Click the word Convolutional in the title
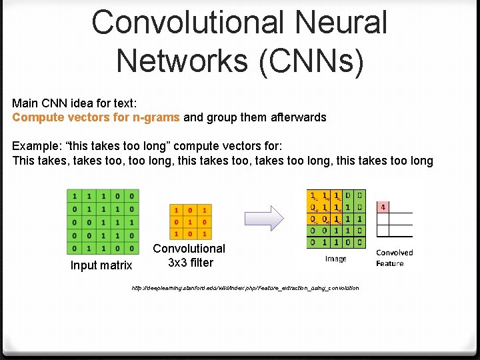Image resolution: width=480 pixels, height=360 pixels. coord(182,21)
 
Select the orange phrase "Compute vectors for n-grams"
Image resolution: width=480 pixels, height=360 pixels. coord(96,117)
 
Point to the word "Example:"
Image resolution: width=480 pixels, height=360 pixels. coord(36,146)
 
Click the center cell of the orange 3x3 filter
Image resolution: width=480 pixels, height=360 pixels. coord(190,221)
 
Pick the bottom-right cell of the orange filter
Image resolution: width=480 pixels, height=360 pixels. coord(204,234)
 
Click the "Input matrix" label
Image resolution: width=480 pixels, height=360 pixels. coord(101,266)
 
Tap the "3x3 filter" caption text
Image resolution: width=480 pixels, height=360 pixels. coord(191,263)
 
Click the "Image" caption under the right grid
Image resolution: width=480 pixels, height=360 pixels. coord(335,259)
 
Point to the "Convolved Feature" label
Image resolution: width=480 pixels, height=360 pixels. coord(394,258)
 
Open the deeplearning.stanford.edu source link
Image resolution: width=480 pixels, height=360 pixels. coord(245,288)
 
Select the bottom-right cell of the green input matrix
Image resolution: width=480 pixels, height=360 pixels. coord(133,249)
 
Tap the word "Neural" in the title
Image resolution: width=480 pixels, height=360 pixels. coord(339,21)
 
